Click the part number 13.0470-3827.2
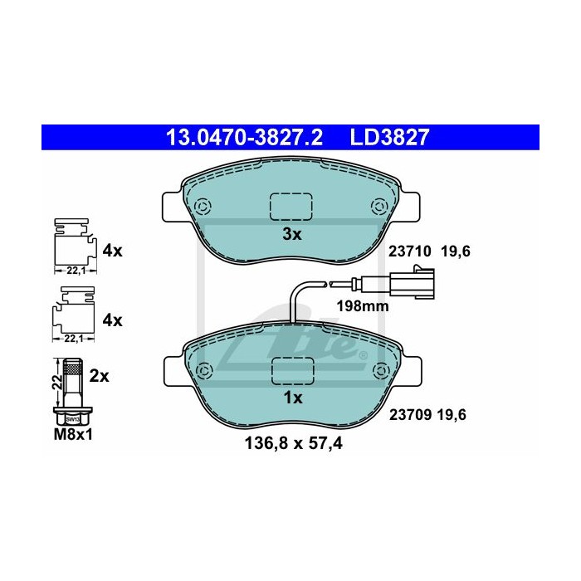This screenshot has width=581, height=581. point(244,138)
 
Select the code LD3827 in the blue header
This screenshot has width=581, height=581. point(389,138)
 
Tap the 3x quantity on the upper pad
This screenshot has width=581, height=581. point(292,234)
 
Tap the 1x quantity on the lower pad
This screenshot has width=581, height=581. point(293,398)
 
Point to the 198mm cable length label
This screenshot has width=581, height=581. point(363,306)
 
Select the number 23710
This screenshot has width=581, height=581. point(410,251)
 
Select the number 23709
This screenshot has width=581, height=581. point(410,415)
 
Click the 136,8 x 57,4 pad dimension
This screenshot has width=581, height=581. point(294,443)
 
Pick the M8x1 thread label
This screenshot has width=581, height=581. point(73,435)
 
